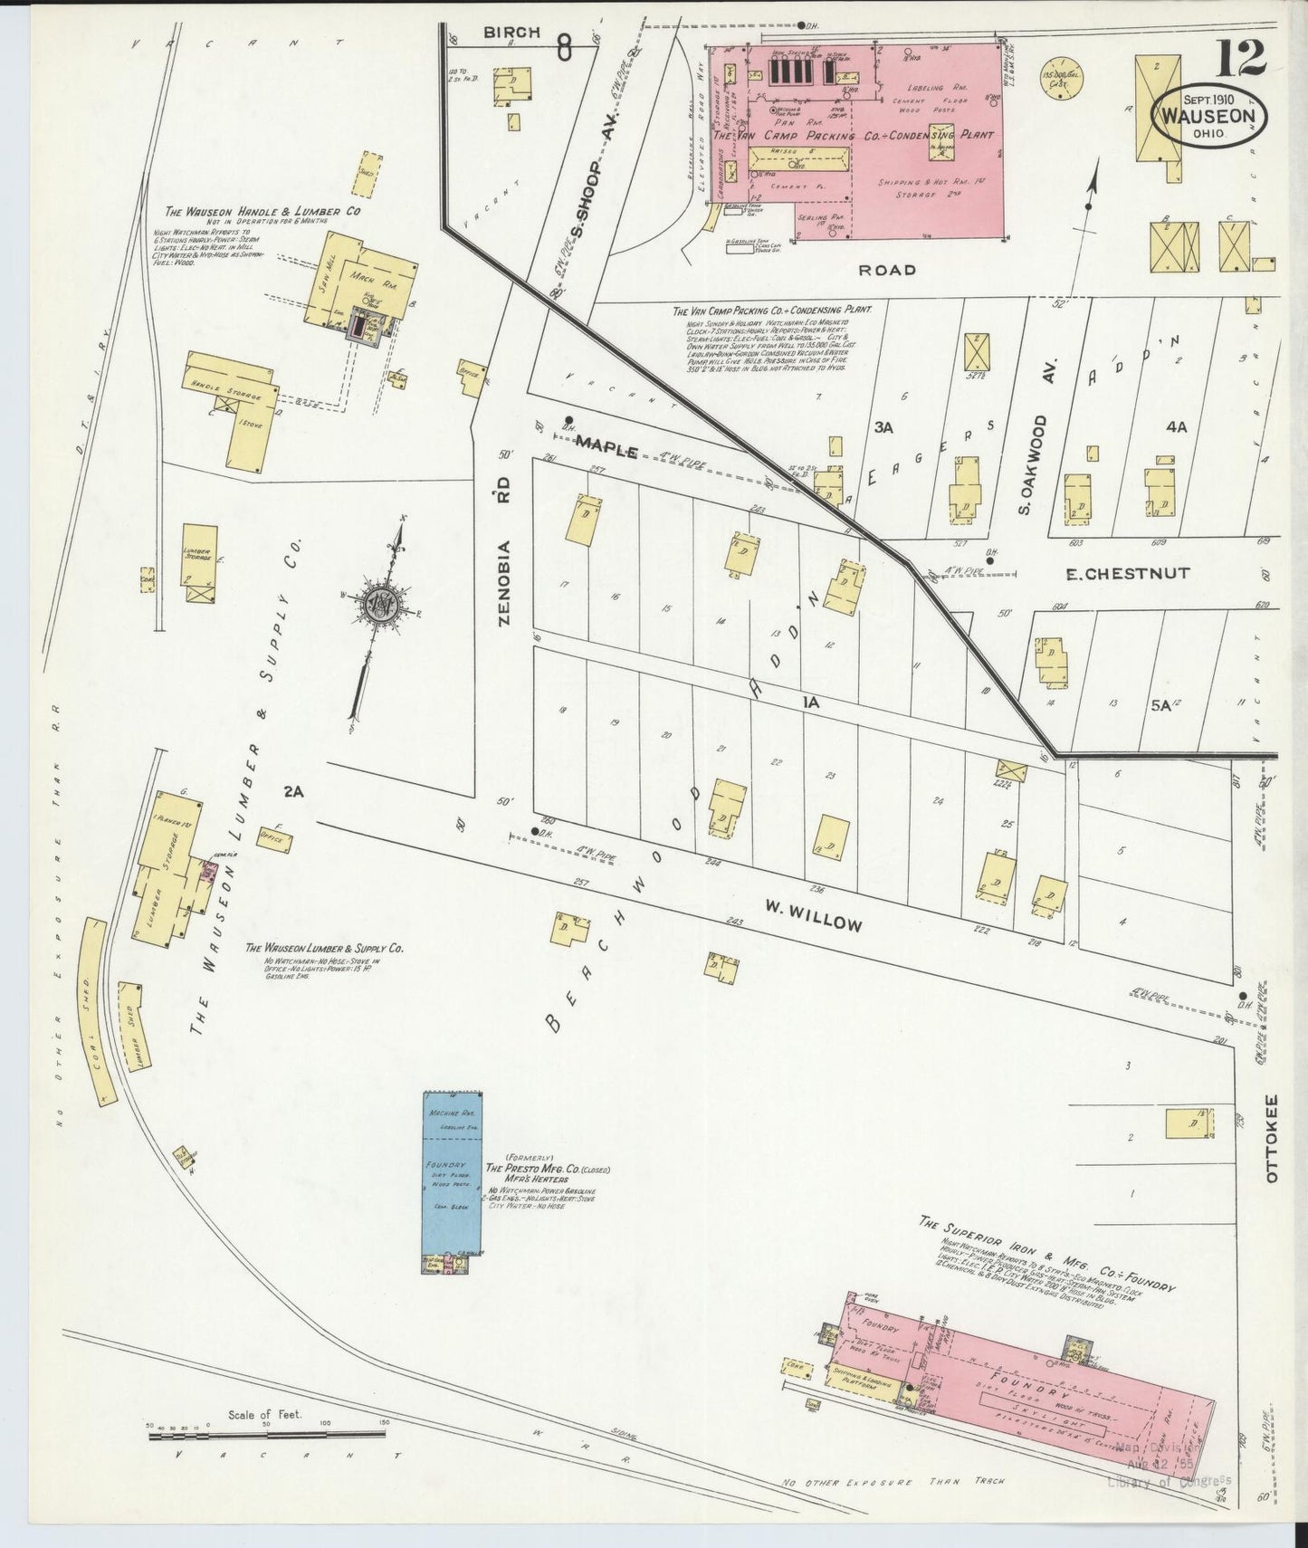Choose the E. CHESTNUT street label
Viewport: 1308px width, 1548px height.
coord(1127,573)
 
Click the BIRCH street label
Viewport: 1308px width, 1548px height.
coord(511,33)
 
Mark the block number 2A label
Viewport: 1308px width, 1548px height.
coord(292,791)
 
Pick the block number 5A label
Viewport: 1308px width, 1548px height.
coord(1160,705)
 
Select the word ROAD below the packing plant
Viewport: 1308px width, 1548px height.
coord(889,269)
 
